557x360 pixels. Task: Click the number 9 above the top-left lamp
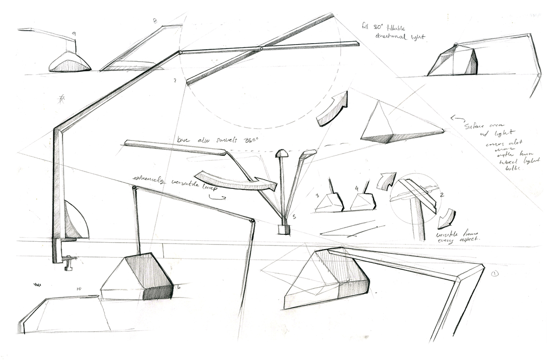(x=74, y=34)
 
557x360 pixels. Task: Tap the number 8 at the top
(x=155, y=21)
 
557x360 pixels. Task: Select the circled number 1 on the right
(x=495, y=274)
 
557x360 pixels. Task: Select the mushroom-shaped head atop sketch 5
(x=281, y=154)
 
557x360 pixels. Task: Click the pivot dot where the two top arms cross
(x=262, y=48)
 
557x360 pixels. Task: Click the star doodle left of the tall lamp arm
(x=60, y=98)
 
